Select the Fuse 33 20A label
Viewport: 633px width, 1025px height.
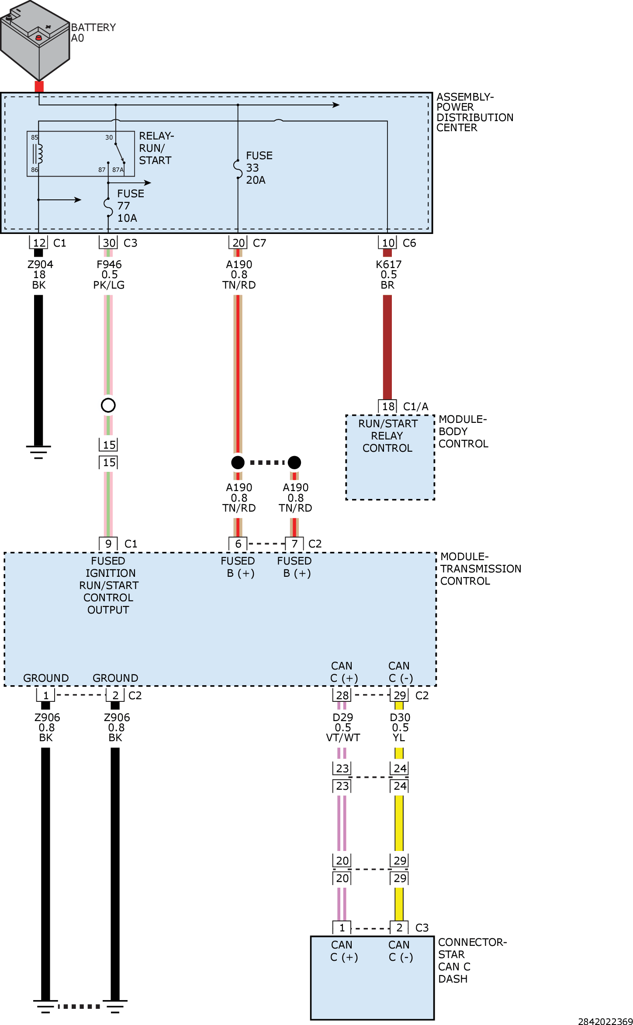click(259, 168)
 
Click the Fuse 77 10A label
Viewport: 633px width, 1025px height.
click(130, 206)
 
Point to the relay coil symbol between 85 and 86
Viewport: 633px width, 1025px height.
click(38, 153)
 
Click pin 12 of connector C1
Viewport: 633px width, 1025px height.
click(39, 243)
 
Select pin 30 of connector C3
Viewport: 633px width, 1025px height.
click(109, 243)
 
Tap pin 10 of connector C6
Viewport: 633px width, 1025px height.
click(388, 243)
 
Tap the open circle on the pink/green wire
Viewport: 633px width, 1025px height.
click(108, 405)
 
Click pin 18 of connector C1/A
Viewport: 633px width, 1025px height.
click(388, 406)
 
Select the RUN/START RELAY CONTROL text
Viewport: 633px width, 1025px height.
click(387, 436)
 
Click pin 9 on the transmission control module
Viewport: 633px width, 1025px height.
click(108, 544)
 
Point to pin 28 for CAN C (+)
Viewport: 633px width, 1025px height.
click(342, 695)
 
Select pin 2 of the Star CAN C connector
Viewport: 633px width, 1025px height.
click(399, 927)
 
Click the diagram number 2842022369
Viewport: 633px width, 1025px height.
click(605, 1021)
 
